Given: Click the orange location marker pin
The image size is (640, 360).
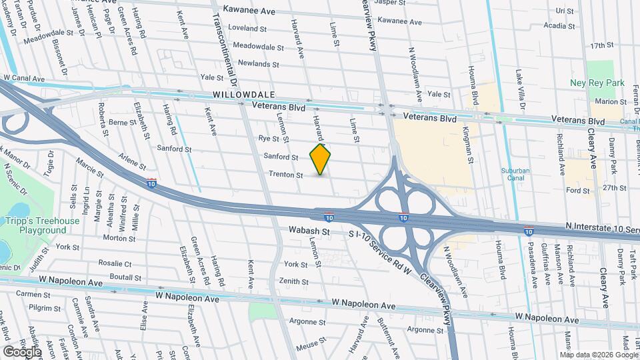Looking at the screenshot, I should [321, 159].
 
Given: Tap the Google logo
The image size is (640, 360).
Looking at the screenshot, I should [22, 351].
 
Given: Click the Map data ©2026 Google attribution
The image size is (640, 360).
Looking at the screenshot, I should [596, 354].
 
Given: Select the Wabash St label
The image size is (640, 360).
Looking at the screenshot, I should [309, 231].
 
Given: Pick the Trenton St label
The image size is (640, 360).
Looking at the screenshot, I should [286, 175].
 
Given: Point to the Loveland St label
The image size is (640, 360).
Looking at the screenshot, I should [247, 28].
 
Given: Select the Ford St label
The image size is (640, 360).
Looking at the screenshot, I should [578, 191].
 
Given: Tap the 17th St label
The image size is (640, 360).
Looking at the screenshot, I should [601, 45].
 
